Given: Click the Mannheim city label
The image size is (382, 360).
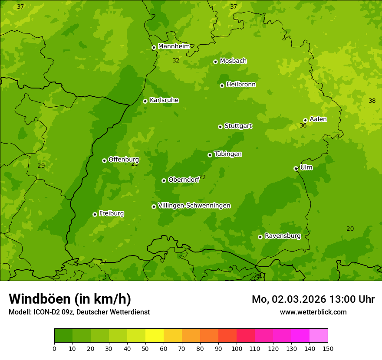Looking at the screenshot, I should (x=174, y=46).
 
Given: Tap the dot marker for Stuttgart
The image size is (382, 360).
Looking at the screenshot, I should (x=221, y=127).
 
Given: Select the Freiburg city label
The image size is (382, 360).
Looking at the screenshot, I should (x=111, y=213).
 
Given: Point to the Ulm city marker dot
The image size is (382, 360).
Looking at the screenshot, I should (x=296, y=168).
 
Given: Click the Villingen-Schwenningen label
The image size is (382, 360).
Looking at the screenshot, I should (x=194, y=206).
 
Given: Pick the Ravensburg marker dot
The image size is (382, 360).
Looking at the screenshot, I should (x=260, y=237).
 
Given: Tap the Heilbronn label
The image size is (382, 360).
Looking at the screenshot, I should (x=240, y=85).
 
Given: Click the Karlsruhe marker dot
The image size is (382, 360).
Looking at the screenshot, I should (x=145, y=101).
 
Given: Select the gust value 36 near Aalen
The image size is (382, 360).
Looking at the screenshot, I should (x=303, y=125).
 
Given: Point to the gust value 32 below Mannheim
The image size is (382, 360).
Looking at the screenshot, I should (x=176, y=60).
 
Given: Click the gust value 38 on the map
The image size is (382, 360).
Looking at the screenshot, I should (x=372, y=101).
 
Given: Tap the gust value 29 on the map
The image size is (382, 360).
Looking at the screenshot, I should (x=41, y=166).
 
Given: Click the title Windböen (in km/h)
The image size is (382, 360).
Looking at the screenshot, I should (x=70, y=299).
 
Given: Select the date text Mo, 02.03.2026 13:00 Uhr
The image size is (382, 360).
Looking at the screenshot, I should (x=313, y=299).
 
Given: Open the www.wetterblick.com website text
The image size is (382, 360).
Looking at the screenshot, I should (x=313, y=312).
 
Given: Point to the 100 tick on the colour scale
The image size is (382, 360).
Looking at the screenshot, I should (x=237, y=348).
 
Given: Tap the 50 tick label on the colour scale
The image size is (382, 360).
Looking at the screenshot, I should (x=145, y=348).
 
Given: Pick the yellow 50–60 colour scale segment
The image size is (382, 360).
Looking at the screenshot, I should (x=155, y=336).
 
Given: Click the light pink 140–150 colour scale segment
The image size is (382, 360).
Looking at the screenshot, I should (x=319, y=336).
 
